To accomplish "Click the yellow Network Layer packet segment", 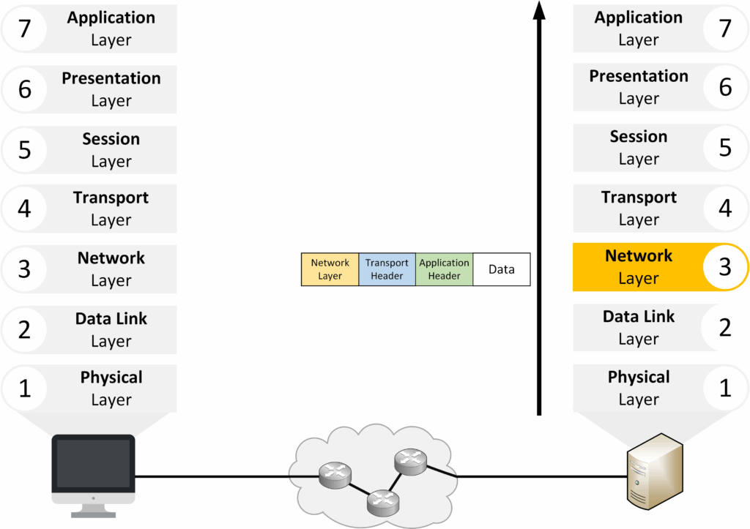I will (330, 269).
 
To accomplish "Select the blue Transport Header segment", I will (387, 269).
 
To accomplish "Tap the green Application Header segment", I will (444, 269).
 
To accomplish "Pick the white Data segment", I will (502, 269).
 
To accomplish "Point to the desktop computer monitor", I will (93, 464).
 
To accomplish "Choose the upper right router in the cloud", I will (408, 461).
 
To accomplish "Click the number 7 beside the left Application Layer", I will (24, 29).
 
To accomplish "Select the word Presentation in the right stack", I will (639, 76).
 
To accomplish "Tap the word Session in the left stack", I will (111, 139).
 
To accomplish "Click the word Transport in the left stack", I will (111, 198).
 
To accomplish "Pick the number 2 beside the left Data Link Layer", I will (24, 330).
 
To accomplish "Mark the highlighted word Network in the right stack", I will (639, 256).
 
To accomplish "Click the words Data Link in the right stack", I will (639, 317).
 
